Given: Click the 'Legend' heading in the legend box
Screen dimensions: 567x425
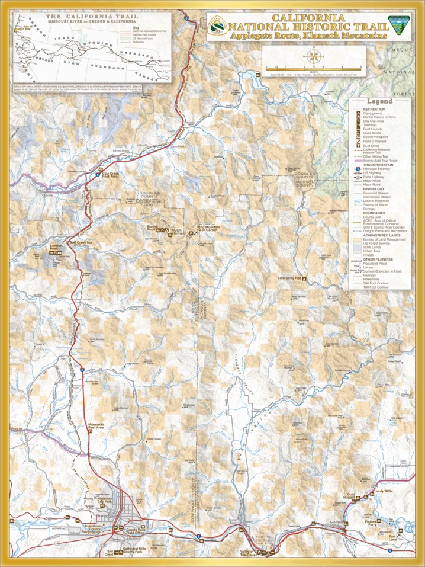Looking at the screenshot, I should (379, 102).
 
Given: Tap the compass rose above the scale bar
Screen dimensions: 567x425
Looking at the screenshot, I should (315, 58).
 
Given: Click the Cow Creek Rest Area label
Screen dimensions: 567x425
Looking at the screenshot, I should (111, 175).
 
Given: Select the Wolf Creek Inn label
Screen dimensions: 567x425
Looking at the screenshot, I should (81, 242).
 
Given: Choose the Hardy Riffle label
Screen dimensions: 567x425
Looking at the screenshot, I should (384, 491).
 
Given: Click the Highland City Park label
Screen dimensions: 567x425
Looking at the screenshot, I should (96, 501).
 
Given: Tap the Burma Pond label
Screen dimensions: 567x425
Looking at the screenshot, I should (153, 228).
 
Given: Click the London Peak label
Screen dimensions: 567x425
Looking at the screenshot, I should (56, 248).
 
